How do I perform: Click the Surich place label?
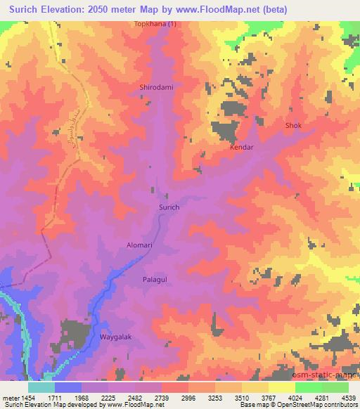(169, 208)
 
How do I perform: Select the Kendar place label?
(241, 149)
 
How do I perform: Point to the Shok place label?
(292, 126)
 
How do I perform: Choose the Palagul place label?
(155, 278)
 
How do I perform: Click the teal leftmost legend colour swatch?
(41, 387)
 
